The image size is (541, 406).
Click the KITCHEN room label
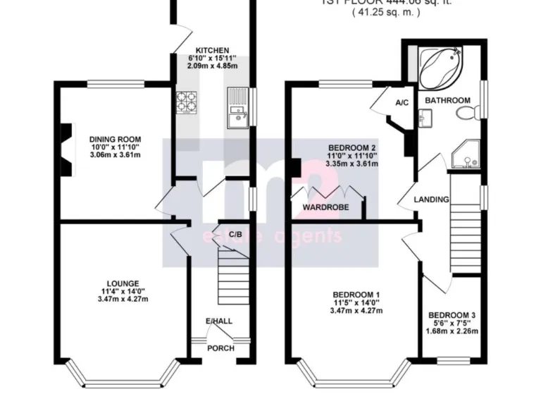pos(212,49)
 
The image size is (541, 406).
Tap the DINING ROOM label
pos(115,139)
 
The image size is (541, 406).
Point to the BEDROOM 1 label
pos(357,295)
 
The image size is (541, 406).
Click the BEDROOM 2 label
pos(352,147)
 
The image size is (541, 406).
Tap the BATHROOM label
pos(447,101)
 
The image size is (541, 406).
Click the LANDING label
pos(431,199)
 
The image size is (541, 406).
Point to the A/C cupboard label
pos(402,103)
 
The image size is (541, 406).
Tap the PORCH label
pos(221,347)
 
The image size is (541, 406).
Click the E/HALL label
pos(218,321)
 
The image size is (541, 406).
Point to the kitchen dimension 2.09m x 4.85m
pos(212,66)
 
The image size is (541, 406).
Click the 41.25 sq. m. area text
pos(386,13)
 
